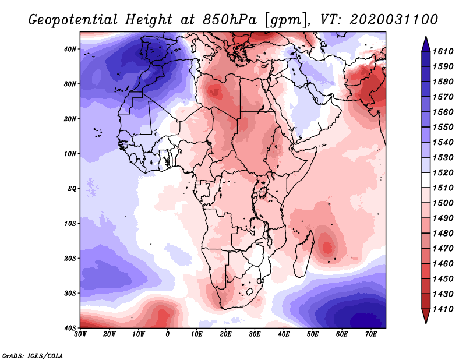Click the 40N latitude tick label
(70, 49)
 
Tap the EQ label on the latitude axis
(72, 189)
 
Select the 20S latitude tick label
(70, 258)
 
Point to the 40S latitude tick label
(70, 328)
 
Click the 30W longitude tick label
(80, 334)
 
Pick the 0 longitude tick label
(168, 334)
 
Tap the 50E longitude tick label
(313, 334)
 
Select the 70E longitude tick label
(371, 334)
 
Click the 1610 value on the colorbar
(443, 51)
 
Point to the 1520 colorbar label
(443, 172)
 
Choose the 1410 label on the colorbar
(443, 309)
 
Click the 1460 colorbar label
(443, 263)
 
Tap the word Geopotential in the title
(73, 20)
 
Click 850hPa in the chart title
(230, 20)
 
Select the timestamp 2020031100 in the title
(394, 20)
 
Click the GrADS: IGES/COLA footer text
(33, 355)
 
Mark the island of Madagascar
(303, 256)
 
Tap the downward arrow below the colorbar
(426, 316)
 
